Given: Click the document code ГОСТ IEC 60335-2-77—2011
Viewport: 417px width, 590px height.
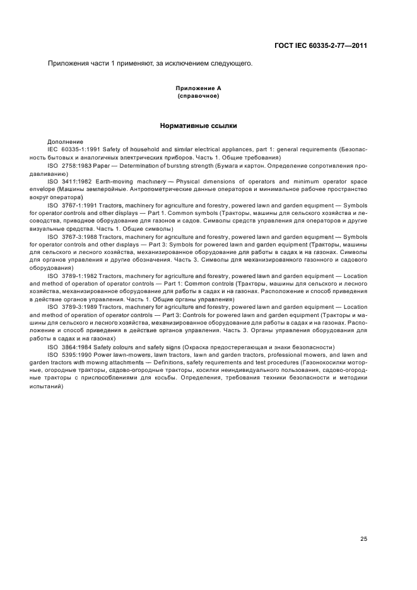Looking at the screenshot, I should (x=321, y=46).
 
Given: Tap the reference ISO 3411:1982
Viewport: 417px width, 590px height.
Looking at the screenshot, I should (x=69, y=181).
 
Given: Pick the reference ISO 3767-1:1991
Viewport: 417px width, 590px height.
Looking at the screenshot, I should (x=71, y=205).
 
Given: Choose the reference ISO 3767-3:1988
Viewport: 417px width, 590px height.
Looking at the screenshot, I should (x=71, y=237).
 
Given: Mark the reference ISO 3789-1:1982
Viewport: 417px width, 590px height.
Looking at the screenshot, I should (x=71, y=276).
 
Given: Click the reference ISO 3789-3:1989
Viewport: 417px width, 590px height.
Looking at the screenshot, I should (x=71, y=307).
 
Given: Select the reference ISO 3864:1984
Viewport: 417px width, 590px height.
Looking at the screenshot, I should (x=69, y=347).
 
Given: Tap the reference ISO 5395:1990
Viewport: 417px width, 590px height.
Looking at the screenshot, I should (x=69, y=355).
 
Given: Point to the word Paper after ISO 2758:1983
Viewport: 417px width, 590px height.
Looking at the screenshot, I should (x=102, y=165).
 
